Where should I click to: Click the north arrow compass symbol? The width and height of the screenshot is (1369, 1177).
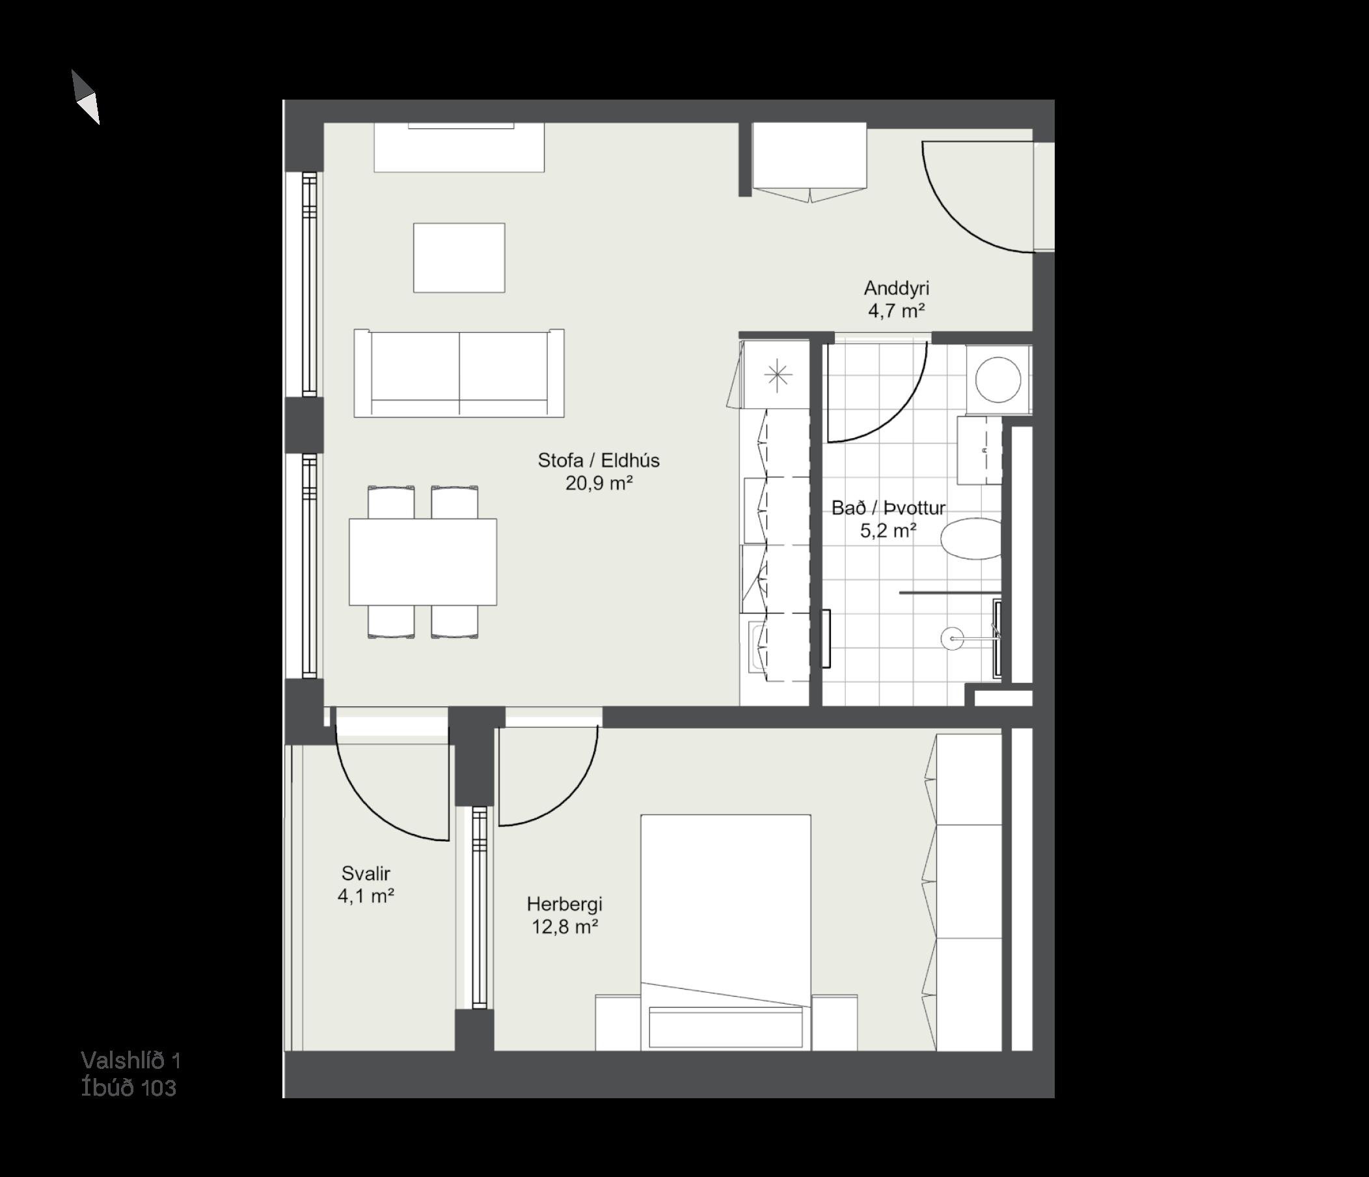[86, 97]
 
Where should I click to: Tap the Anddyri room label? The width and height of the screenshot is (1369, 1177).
[896, 288]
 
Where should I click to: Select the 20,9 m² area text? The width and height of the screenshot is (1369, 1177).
[599, 483]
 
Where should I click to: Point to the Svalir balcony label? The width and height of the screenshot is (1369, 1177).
[366, 874]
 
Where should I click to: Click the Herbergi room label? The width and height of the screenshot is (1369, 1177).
[564, 904]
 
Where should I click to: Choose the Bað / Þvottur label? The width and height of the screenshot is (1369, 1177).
[888, 508]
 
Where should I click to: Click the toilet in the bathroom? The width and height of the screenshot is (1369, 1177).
[971, 538]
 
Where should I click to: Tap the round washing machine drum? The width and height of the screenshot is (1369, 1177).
[997, 380]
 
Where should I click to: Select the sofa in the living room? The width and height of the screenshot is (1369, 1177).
[459, 373]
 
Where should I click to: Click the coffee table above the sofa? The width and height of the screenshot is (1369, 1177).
[459, 258]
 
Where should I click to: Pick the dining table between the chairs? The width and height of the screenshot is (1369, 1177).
[423, 562]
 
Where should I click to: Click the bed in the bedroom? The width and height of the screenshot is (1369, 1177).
[726, 932]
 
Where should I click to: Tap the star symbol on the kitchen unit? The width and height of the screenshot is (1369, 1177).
[778, 376]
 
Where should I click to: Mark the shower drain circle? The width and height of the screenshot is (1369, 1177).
[952, 639]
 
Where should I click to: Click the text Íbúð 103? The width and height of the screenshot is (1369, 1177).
[129, 1088]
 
